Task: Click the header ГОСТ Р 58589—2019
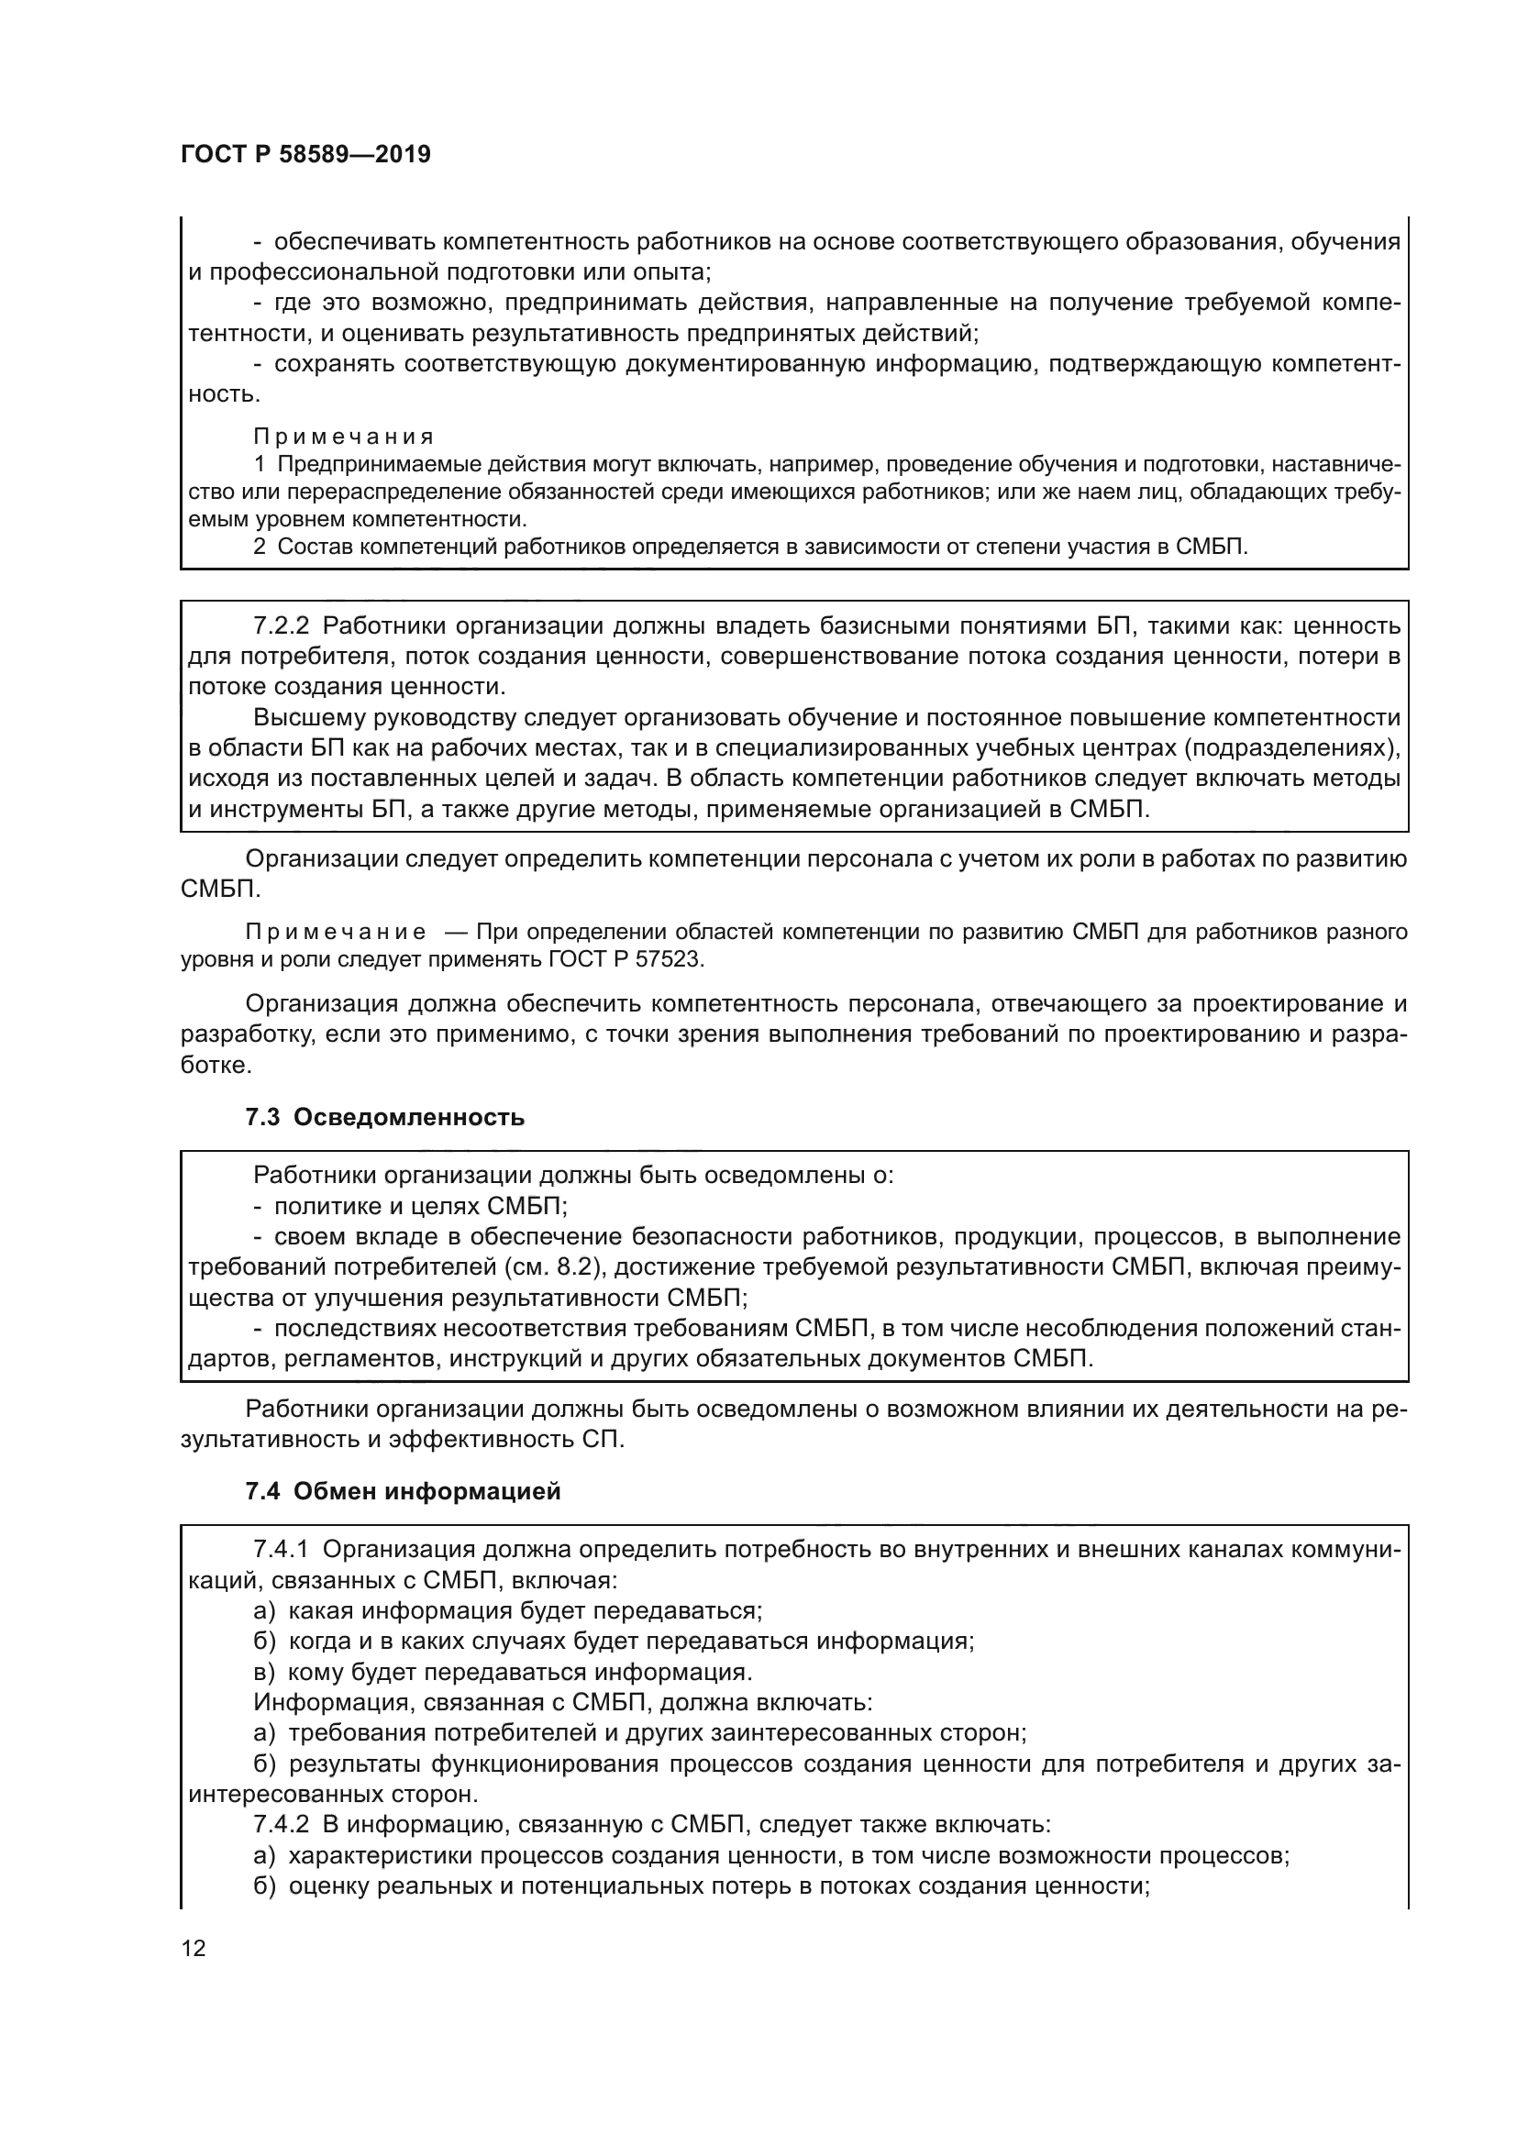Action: tap(305, 154)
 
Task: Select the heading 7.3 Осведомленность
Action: tap(385, 1117)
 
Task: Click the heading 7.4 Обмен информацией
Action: tap(403, 1491)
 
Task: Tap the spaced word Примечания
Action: tap(343, 437)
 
